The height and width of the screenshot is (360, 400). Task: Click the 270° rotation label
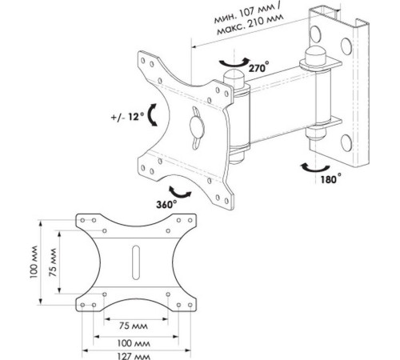coord(258,67)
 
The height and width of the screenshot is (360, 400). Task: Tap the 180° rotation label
coord(330,179)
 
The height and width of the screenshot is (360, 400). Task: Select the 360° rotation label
coord(166,204)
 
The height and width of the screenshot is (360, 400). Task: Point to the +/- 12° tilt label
coord(127,117)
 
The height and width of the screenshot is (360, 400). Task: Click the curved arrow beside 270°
coord(234,64)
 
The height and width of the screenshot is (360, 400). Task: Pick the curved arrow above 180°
coord(315,169)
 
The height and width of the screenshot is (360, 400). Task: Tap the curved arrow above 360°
coord(179,193)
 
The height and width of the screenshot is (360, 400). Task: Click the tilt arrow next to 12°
coord(151,114)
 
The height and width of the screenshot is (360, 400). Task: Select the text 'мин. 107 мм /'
coord(247,13)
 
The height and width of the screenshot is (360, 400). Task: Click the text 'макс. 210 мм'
coord(250,24)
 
